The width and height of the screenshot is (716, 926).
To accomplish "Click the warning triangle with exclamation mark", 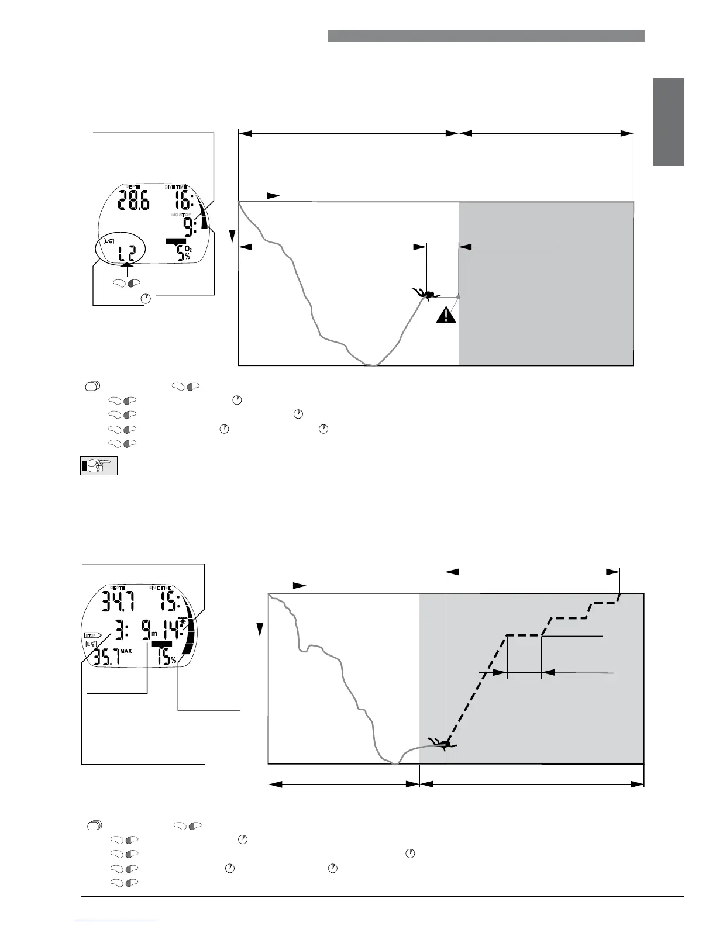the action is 446,316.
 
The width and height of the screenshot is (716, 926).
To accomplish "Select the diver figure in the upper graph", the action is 425,293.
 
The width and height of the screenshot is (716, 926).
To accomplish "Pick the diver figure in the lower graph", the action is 443,744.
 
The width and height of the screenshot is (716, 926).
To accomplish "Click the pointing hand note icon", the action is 99,465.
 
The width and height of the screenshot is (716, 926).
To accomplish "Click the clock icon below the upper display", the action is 146,299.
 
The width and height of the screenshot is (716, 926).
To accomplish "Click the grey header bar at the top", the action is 486,36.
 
